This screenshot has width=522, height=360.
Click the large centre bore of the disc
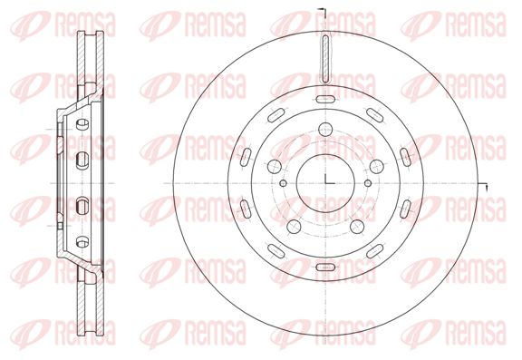pos(325,183)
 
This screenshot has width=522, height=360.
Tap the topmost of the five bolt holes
pos(325,129)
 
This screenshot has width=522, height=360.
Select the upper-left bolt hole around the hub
pos(275,167)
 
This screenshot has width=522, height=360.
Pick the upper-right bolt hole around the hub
pos(377,167)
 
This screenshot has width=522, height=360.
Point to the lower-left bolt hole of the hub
pos(294,227)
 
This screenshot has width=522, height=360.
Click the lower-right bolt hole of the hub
pos(357,227)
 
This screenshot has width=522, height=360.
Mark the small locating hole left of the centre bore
pos(284,183)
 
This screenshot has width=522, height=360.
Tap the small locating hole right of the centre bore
pos(368,183)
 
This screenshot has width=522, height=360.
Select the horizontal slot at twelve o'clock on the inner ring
pos(325,99)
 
